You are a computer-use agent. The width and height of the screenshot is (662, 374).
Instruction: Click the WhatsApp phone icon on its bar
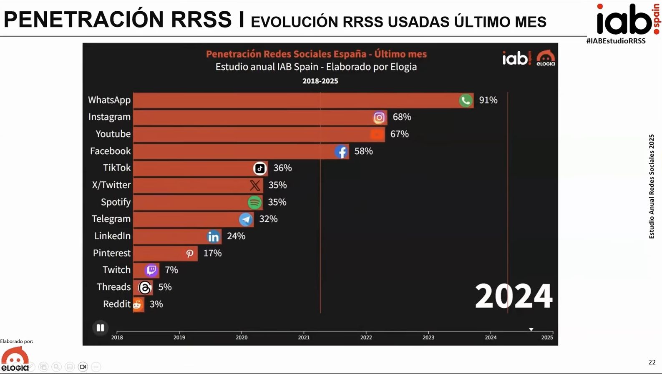click(x=466, y=100)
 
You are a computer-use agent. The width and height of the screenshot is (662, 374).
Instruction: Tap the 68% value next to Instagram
click(x=402, y=117)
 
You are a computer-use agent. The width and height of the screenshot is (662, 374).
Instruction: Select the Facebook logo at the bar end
click(x=341, y=151)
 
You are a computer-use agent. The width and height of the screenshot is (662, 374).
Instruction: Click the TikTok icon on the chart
click(x=260, y=168)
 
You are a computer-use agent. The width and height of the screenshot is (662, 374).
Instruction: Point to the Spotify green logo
click(x=254, y=202)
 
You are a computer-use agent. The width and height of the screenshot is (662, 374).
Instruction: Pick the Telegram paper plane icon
click(x=246, y=219)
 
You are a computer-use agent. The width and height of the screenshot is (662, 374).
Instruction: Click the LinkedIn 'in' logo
click(x=213, y=236)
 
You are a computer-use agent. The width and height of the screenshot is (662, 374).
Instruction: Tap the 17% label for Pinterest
click(x=212, y=253)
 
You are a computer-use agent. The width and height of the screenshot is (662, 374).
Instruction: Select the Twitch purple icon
click(x=151, y=270)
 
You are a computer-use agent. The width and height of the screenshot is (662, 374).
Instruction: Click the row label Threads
click(x=113, y=287)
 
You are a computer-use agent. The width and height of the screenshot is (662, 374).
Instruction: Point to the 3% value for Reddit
click(x=156, y=304)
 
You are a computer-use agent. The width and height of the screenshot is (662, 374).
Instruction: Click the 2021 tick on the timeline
click(x=304, y=337)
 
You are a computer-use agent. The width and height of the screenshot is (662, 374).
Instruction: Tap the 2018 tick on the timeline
click(x=117, y=337)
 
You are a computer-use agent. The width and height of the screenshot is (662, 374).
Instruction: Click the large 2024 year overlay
click(x=513, y=296)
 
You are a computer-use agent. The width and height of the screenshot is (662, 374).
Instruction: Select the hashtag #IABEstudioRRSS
click(x=616, y=41)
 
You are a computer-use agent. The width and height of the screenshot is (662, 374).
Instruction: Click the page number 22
click(x=652, y=362)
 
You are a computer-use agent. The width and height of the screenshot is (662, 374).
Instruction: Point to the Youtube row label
click(x=113, y=134)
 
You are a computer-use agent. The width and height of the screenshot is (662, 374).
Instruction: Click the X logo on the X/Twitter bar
click(x=255, y=185)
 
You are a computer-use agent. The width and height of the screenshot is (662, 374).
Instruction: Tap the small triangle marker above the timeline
click(x=531, y=329)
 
